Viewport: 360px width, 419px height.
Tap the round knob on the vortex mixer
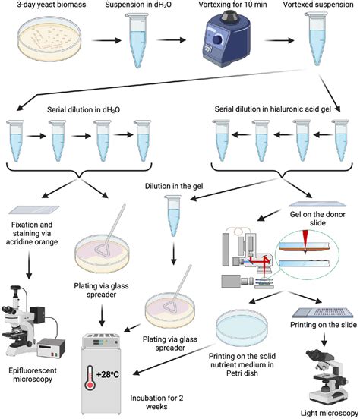(217, 39)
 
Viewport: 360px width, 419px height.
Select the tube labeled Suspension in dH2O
(137, 40)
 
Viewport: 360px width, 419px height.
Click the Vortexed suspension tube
(317, 39)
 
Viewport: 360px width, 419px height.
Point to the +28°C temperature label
(108, 374)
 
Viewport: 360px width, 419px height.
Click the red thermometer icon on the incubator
(90, 378)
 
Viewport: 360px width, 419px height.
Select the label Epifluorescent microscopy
(33, 375)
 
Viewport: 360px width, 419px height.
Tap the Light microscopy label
(330, 413)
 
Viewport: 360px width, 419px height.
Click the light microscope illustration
(328, 377)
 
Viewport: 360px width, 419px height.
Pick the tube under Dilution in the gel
(173, 216)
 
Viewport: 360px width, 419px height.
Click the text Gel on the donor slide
(317, 219)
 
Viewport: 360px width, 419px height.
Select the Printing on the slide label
(324, 325)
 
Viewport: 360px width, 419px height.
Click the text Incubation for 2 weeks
(156, 402)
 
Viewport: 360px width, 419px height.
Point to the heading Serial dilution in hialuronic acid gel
(273, 109)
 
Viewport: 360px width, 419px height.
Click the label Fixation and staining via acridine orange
(32, 233)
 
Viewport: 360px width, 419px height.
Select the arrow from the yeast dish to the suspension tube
(106, 40)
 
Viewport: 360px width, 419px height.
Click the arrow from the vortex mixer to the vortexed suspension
(279, 40)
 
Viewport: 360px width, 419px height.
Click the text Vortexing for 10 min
(232, 5)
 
